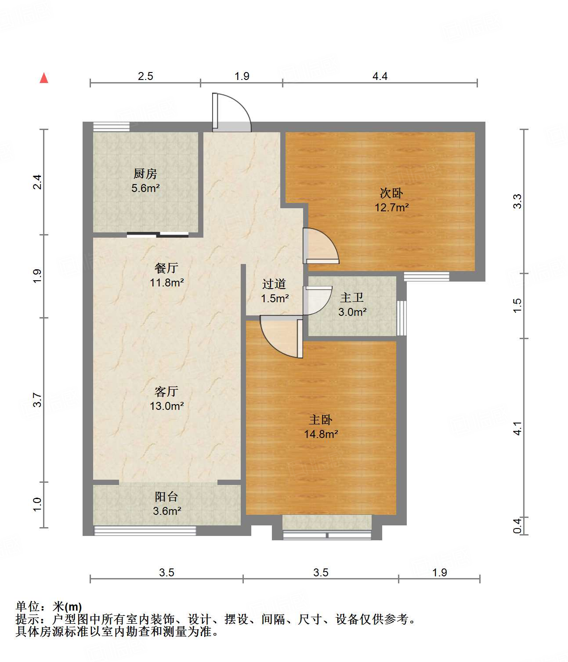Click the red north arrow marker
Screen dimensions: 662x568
click(44, 78)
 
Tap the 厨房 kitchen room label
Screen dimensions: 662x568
click(145, 174)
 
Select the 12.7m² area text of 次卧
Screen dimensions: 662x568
click(391, 207)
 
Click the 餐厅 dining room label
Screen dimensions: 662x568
click(166, 268)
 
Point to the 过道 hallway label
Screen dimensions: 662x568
click(275, 284)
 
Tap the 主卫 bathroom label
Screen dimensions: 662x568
click(352, 298)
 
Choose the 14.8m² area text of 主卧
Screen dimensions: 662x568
click(321, 434)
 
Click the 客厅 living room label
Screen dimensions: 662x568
click(166, 391)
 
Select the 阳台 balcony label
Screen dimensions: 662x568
click(166, 497)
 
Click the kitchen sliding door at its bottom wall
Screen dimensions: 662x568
click(158, 235)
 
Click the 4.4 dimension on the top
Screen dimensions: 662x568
click(380, 76)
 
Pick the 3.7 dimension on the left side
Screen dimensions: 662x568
click(37, 400)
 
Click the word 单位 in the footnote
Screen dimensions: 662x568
click(28, 607)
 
